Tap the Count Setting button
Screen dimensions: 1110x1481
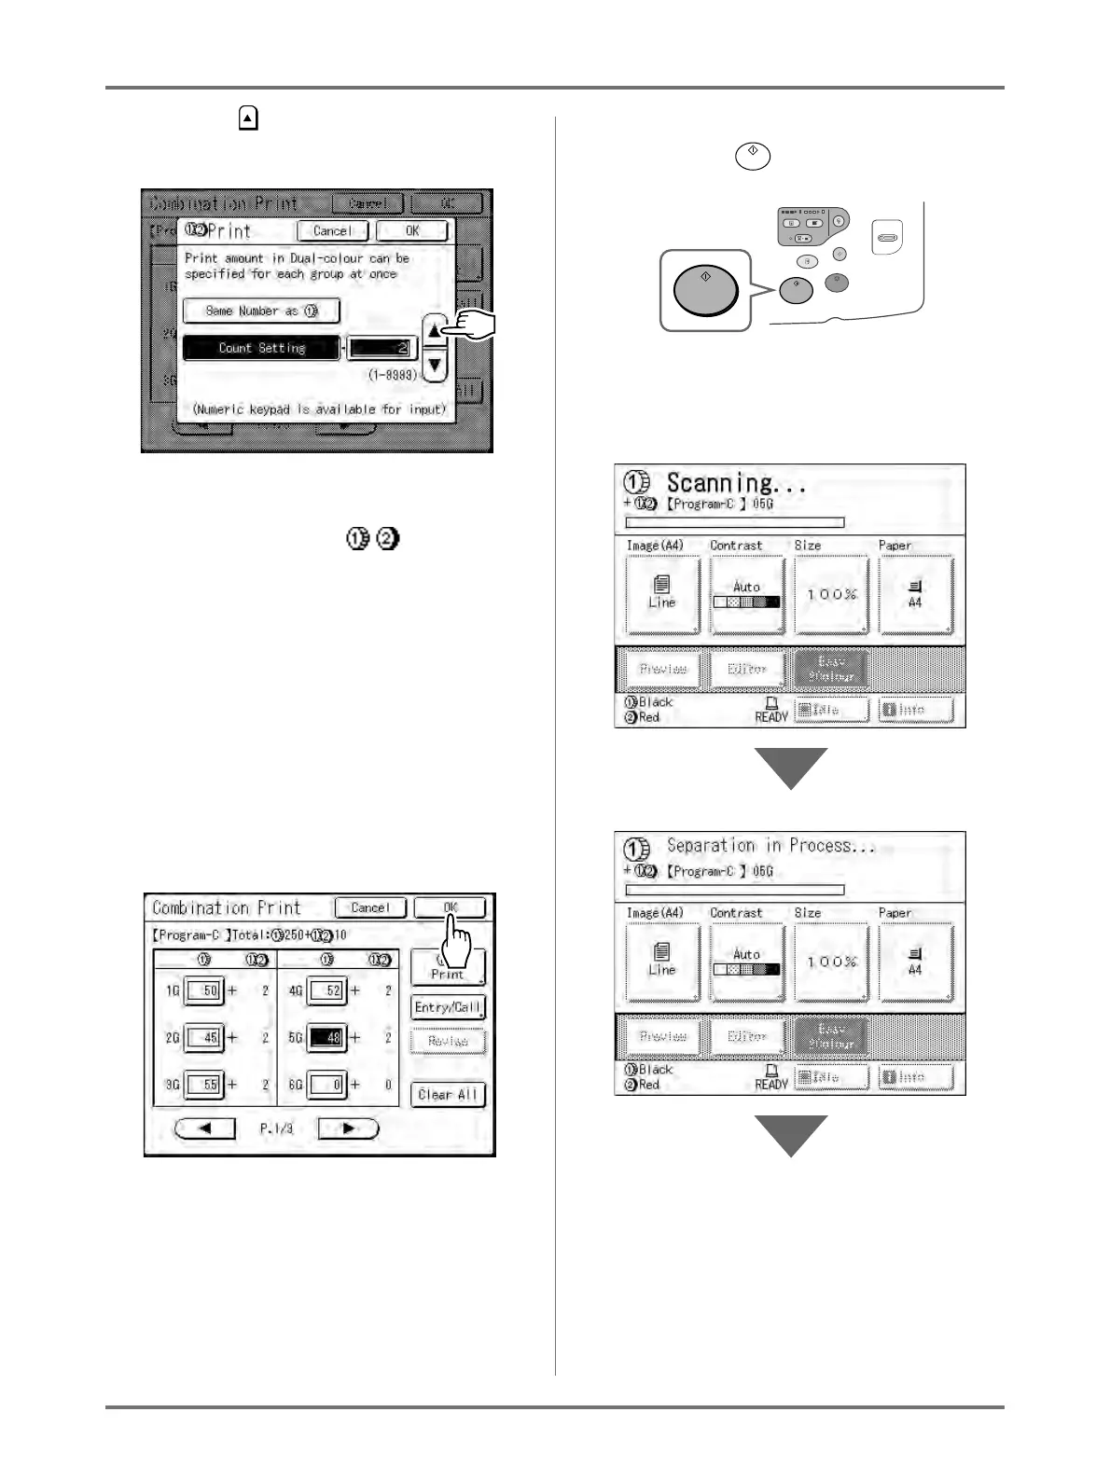coord(261,348)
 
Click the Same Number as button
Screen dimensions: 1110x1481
coord(261,311)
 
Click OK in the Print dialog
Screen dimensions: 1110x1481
coord(412,230)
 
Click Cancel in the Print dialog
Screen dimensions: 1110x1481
coord(332,230)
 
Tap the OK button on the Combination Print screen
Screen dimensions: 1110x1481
coord(450,907)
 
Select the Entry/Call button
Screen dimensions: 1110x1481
coord(448,1007)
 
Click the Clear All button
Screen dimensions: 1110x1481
coord(448,1094)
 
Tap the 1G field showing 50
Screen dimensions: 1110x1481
coord(203,990)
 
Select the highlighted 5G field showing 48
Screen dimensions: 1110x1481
coord(327,1037)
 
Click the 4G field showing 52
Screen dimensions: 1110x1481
coord(327,990)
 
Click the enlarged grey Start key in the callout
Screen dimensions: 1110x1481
coord(705,290)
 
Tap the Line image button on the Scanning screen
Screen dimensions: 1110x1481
coord(662,594)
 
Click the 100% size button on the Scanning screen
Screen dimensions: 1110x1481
coord(831,594)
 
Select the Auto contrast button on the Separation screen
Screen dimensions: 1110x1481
coord(746,962)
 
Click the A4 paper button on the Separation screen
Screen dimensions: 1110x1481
coord(915,962)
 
